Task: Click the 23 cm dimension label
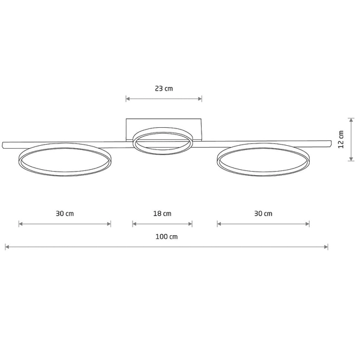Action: coord(164,88)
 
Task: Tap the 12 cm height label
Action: coord(341,139)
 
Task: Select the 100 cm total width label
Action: coord(166,236)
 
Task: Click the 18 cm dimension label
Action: coord(163,214)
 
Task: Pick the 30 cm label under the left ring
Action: coord(65,214)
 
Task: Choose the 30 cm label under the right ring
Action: coord(263,214)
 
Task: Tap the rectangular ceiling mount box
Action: coord(164,124)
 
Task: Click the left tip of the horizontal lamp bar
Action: coord(4,145)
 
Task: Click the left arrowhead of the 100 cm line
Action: coord(7,247)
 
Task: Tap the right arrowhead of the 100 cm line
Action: coord(326,247)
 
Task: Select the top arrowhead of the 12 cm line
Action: coord(351,118)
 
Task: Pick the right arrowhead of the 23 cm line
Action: coord(200,98)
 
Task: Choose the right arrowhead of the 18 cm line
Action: coord(191,224)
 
